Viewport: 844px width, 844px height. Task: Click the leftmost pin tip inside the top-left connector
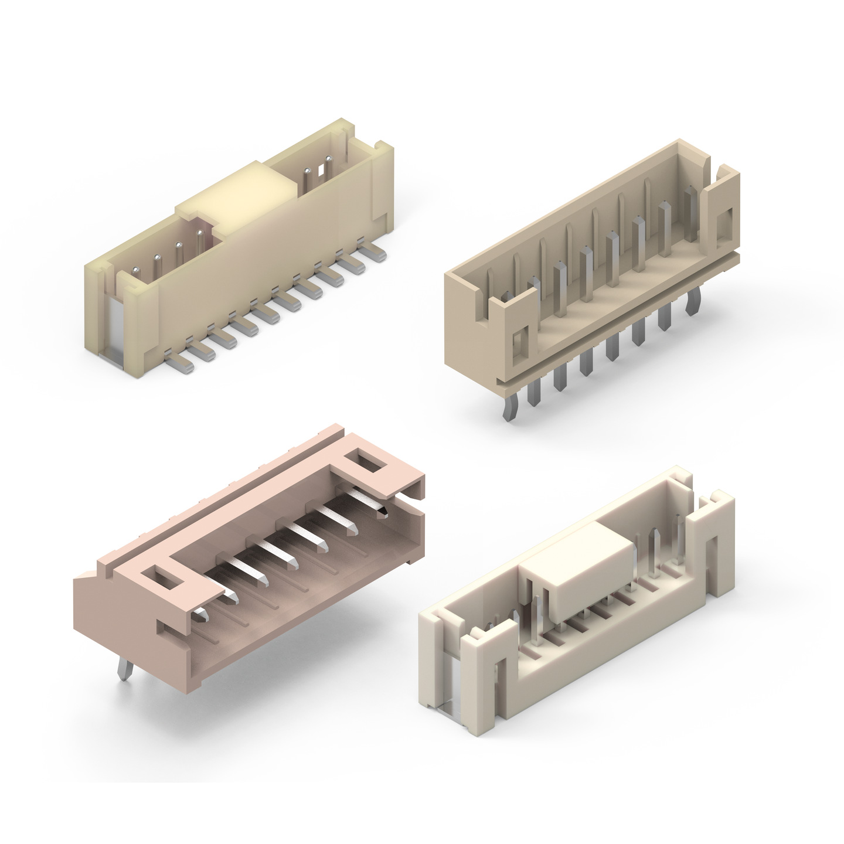click(136, 270)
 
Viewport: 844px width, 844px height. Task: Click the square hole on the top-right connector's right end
click(722, 224)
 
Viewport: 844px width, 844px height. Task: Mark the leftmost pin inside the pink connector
click(202, 614)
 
